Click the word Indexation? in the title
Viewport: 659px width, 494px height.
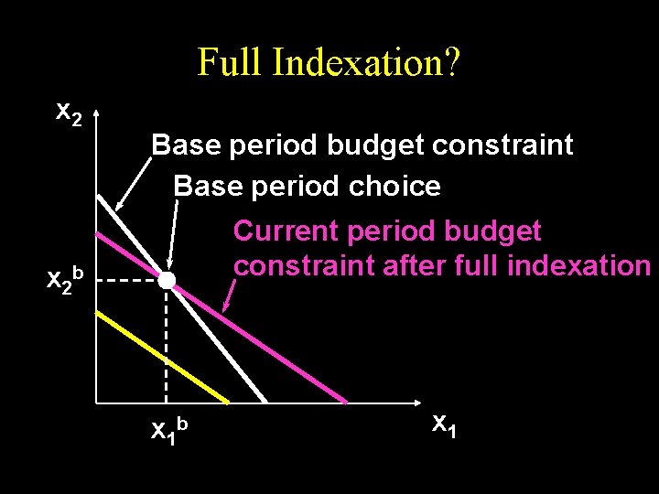point(366,63)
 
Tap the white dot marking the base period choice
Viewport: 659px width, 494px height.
point(166,281)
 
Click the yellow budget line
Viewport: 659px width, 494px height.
point(165,357)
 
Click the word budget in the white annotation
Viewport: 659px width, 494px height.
point(375,145)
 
